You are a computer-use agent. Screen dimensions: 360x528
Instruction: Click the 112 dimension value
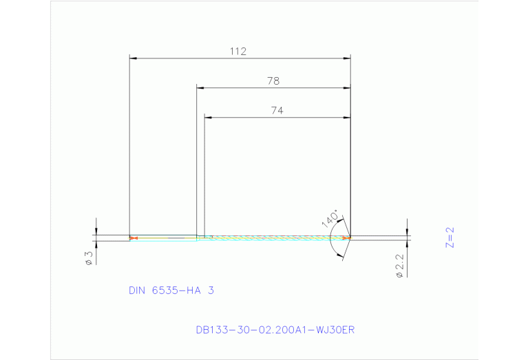pos(238,52)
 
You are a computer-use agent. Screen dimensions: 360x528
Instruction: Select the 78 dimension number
pos(273,81)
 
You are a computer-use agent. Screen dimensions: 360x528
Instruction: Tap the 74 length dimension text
pos(277,110)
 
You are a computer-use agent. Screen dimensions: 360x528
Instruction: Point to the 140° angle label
pos(329,219)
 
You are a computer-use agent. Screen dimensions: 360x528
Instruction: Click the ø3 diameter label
pos(89,257)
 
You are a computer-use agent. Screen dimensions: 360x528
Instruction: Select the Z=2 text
pos(451,237)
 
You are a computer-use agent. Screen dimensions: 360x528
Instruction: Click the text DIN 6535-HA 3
pos(171,290)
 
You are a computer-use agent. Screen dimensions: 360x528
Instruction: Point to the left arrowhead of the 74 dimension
pos(209,117)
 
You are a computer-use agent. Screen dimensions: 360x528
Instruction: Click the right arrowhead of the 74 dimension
pos(347,117)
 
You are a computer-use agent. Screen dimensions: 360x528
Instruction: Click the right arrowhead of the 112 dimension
pos(347,59)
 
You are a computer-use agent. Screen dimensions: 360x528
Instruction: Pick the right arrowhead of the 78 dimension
pos(347,88)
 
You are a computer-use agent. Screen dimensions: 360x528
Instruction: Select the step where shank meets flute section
pos(198,237)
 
